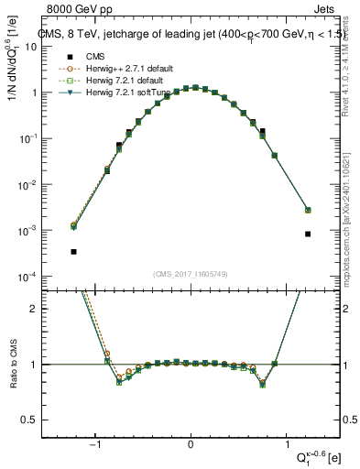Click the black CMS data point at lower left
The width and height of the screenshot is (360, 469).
[x=73, y=251]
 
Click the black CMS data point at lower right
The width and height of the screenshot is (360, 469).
[x=308, y=234]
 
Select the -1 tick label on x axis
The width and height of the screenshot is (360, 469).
[x=94, y=446]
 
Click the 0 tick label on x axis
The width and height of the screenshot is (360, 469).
[x=191, y=446]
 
